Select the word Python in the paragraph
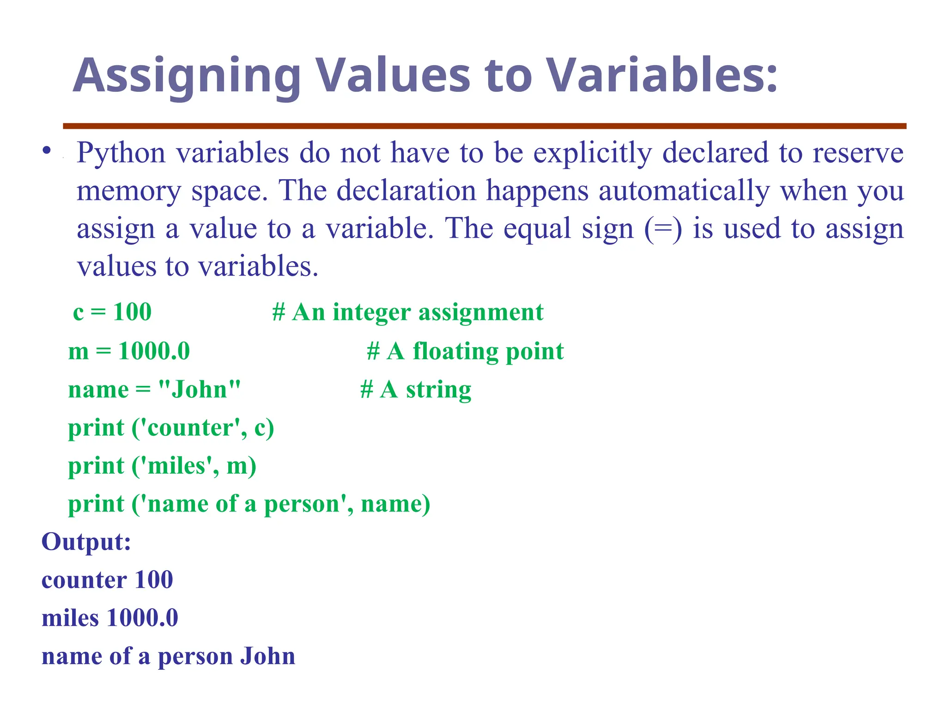coord(121,153)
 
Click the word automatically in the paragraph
coord(684,191)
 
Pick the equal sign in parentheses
coord(663,228)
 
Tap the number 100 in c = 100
coord(132,312)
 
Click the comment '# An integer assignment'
coord(408,312)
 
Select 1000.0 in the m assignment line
coord(154,351)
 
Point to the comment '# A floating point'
coord(465,351)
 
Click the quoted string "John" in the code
coord(199,390)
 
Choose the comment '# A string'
coord(416,390)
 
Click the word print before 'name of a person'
coord(96,504)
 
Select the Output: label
coord(86,542)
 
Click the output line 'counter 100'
coord(107,580)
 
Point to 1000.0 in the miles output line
coord(142,619)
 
